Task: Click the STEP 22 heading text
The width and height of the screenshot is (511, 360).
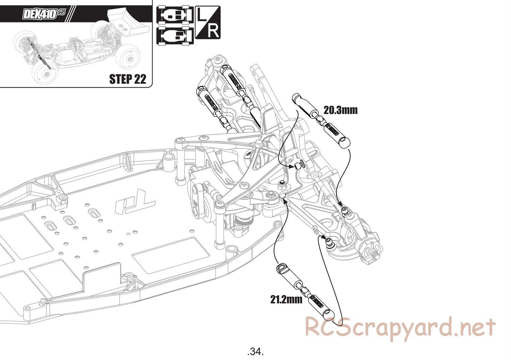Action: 127,79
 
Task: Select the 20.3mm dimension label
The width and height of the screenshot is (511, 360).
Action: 340,110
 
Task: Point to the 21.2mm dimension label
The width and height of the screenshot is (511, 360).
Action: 287,299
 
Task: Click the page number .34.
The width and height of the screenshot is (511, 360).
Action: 255,351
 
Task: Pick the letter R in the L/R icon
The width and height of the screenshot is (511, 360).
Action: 213,31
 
